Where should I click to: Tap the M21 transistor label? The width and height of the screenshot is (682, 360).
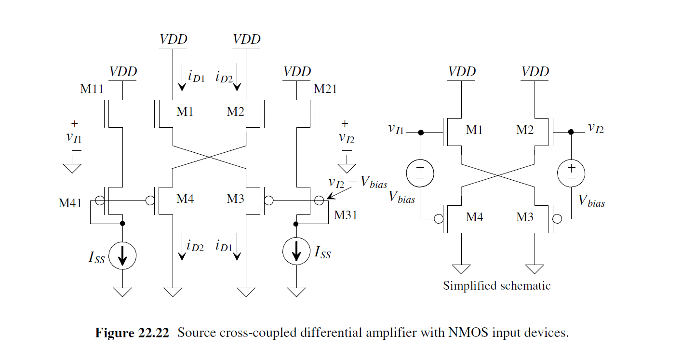[325, 89]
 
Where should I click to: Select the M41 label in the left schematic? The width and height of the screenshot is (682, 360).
[70, 203]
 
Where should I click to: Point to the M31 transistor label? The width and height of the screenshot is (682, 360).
[346, 215]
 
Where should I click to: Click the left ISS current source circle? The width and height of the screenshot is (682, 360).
[122, 256]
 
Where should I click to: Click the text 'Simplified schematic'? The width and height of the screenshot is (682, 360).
[496, 286]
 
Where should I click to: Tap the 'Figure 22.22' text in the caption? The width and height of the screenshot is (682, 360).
[132, 333]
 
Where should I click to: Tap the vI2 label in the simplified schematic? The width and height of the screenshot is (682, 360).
[596, 128]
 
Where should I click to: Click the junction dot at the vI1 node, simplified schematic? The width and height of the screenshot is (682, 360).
[420, 132]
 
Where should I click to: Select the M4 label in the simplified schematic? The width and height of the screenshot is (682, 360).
[475, 217]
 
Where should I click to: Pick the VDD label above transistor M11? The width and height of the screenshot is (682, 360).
[123, 72]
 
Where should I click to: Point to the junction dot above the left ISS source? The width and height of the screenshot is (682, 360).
[122, 224]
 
